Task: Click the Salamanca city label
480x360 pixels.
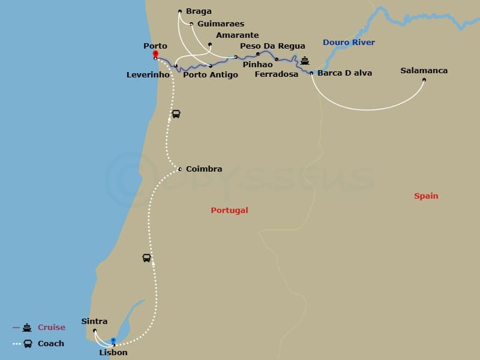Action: pos(424,71)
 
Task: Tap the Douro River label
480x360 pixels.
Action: pos(349,43)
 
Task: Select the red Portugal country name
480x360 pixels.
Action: pos(229,211)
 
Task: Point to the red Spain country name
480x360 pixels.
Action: pos(426,196)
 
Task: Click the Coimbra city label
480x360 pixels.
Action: pos(204,169)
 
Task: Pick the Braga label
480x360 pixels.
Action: pos(199,11)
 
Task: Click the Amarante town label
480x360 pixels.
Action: pos(237,35)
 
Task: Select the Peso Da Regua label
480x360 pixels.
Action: pos(272,46)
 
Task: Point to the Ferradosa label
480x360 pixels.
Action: pos(276,74)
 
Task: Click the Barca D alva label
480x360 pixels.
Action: pos(344,73)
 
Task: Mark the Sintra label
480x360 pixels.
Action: pos(94,322)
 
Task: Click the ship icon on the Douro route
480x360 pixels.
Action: pos(305,61)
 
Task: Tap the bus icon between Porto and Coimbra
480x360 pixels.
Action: pos(176,114)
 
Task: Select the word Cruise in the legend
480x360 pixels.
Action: pos(51,328)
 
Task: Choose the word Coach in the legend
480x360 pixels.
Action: pos(50,344)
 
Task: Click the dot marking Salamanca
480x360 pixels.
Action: pos(424,80)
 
